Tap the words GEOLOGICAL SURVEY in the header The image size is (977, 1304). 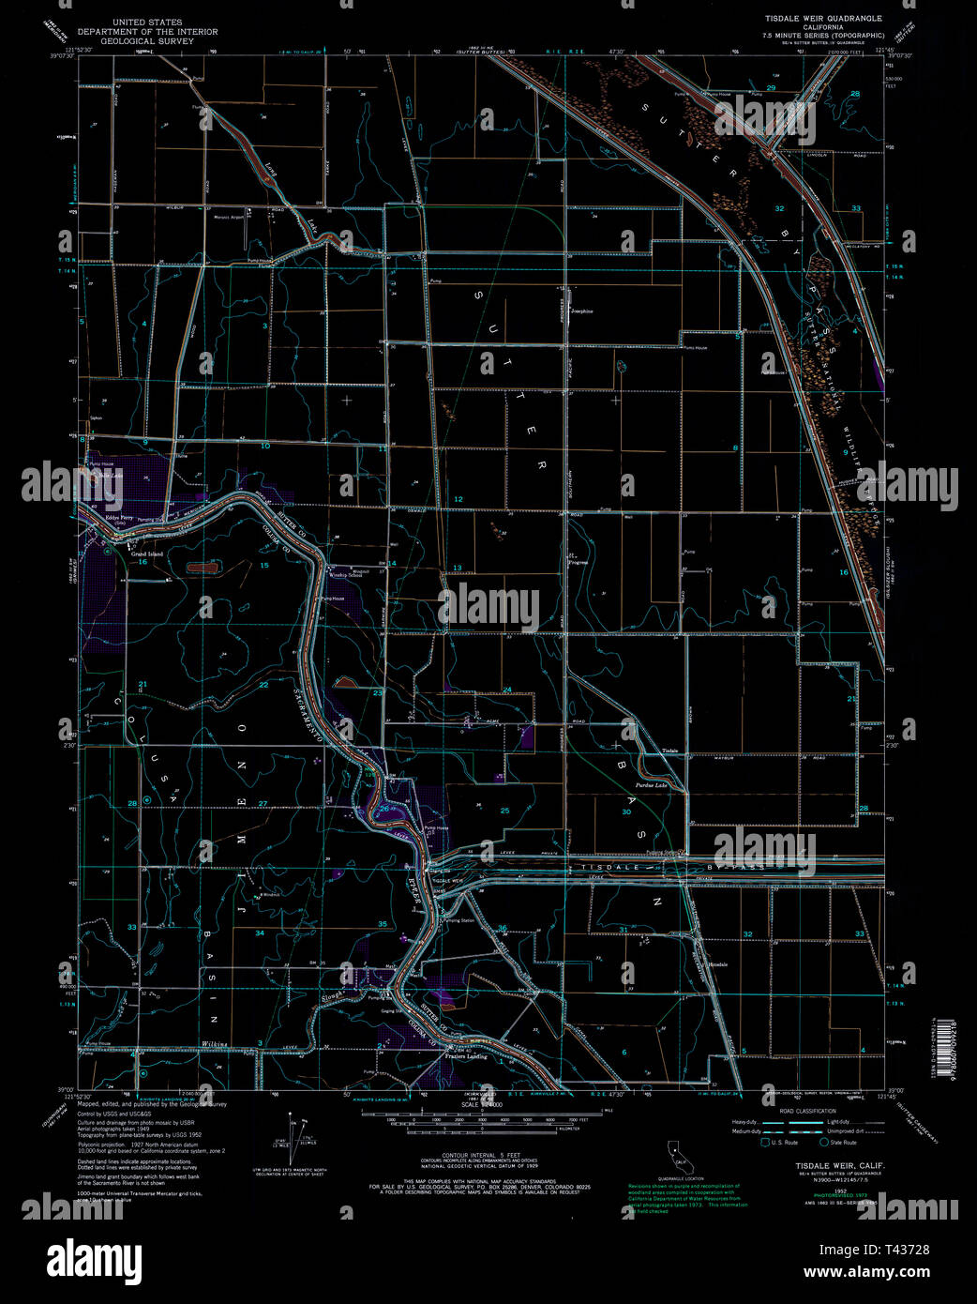(147, 40)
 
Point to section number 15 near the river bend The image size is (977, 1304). (264, 565)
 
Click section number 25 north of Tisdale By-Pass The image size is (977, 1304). (504, 811)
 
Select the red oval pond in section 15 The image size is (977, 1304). (200, 567)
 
